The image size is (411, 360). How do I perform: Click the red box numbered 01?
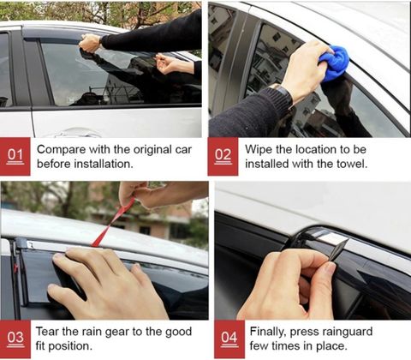[x=15, y=157]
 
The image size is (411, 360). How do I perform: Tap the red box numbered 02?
[x=223, y=157]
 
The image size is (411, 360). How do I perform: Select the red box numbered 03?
[x=15, y=339]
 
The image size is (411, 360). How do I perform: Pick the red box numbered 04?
[x=229, y=339]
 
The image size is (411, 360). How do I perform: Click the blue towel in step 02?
[x=334, y=63]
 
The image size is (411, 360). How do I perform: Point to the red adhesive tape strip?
[x=113, y=223]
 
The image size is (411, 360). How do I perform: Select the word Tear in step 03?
[x=47, y=332]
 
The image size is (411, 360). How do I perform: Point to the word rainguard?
[x=348, y=333]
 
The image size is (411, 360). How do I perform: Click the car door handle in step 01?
[x=74, y=133]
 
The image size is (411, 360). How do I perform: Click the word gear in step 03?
[x=117, y=333]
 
